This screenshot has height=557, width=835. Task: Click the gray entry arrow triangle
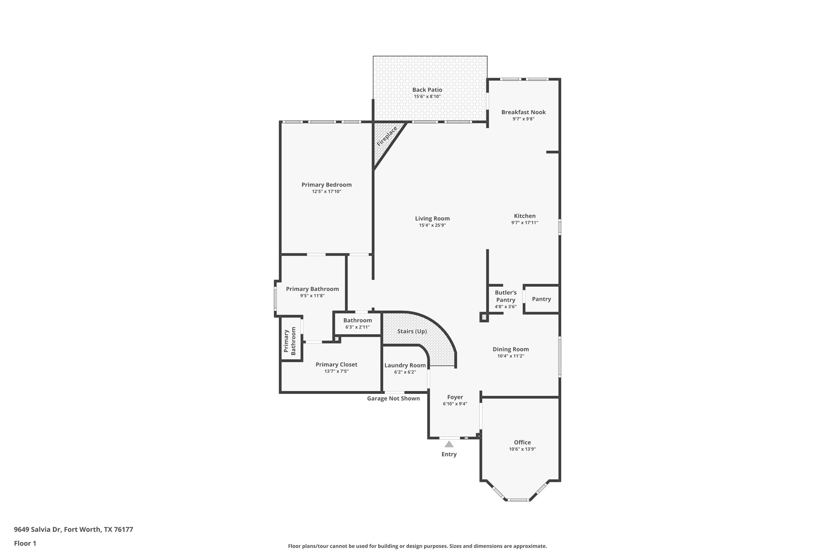point(449,444)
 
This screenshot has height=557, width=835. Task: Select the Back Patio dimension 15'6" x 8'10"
point(427,97)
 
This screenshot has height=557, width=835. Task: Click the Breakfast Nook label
point(523,112)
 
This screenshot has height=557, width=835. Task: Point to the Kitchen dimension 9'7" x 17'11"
point(524,223)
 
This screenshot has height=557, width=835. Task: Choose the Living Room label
point(432,218)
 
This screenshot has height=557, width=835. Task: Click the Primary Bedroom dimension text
point(326,192)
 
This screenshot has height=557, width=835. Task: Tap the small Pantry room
point(541,299)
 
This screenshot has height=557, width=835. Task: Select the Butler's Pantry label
point(506,296)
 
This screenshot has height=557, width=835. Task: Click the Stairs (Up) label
point(412,331)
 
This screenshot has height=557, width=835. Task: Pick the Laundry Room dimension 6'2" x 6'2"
point(405,372)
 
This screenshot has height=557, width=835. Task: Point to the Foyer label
point(455,397)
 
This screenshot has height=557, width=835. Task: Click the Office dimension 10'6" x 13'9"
point(522,449)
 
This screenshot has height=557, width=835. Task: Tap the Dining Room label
point(511,349)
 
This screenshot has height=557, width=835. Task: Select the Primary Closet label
point(336,364)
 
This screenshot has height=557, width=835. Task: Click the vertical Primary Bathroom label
point(290,341)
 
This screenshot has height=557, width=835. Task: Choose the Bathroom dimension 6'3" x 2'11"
point(357,327)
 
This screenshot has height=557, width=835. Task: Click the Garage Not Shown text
point(393,399)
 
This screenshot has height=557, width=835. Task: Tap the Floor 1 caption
point(25,544)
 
